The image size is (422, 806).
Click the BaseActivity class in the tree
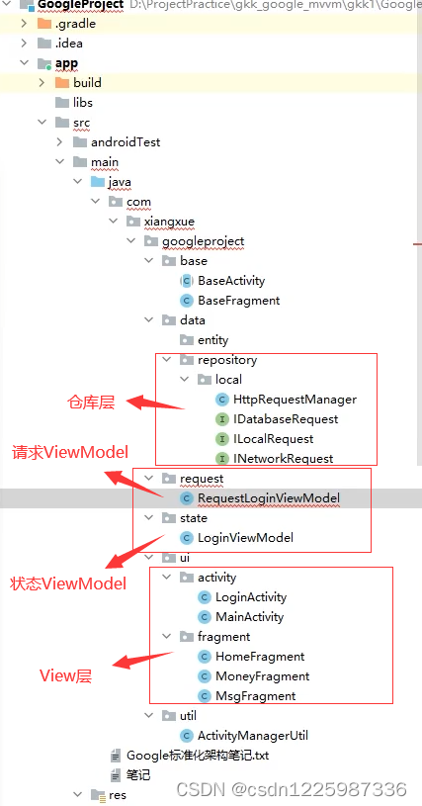(231, 281)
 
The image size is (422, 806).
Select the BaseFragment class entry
(238, 301)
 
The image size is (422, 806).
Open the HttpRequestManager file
(295, 400)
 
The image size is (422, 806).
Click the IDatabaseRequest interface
(286, 419)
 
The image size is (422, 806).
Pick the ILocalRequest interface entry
(273, 439)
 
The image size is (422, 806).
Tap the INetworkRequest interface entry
(283, 459)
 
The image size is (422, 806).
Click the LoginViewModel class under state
(245, 538)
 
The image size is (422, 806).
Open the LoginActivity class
(251, 597)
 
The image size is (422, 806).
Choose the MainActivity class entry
(249, 617)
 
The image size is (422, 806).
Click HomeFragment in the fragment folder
(259, 657)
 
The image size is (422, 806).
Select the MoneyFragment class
(262, 676)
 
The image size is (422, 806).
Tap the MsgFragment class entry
(255, 696)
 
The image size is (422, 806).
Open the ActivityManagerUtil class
(252, 736)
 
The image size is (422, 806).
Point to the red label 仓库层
(91, 403)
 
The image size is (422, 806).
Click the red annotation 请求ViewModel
(70, 453)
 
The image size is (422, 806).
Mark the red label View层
(65, 676)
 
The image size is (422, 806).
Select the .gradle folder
(74, 24)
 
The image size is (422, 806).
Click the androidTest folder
(126, 142)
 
